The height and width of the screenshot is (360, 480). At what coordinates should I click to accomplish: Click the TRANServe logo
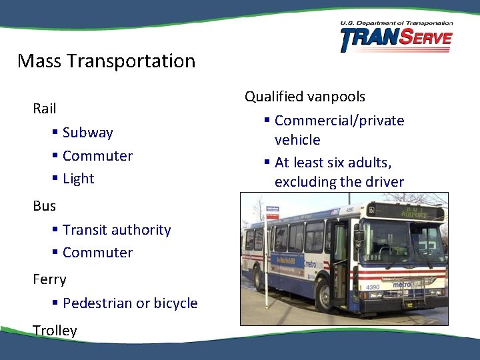[x=395, y=37]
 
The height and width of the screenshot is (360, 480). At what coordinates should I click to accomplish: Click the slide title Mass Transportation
[x=106, y=61]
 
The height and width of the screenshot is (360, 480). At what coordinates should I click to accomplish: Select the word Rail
[x=45, y=108]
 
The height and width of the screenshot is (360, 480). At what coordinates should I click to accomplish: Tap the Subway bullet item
[x=87, y=133]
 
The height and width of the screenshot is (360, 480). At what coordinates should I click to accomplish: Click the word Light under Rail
[x=78, y=179]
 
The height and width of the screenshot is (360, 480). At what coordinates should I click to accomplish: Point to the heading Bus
[x=44, y=206]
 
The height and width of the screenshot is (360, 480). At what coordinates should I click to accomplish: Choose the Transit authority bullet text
[x=117, y=230]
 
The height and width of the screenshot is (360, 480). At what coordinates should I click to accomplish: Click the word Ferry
[x=49, y=279]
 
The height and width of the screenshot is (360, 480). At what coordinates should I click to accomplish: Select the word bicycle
[x=175, y=303]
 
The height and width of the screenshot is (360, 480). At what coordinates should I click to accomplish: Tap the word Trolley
[x=55, y=331]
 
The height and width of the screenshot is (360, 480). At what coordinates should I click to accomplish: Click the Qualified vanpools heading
[x=305, y=97]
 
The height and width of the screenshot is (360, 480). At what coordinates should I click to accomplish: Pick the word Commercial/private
[x=339, y=121]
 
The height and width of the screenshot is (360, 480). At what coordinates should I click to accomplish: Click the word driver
[x=383, y=182]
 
